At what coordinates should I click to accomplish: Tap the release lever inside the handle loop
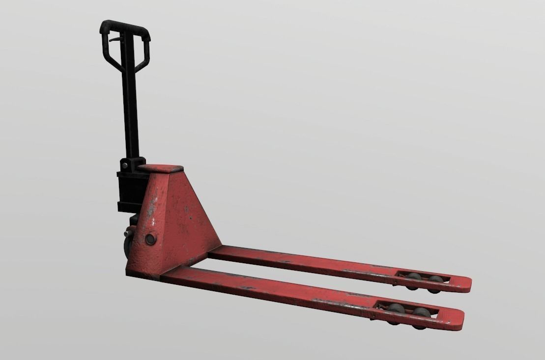click(115, 39)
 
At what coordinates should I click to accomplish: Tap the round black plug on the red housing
click(149, 239)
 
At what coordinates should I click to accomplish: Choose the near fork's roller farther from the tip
click(396, 311)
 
